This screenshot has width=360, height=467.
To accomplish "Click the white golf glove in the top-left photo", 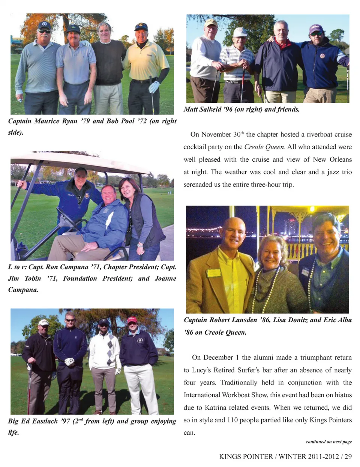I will tap(154, 87).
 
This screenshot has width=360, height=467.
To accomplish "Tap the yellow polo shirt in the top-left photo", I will tap(147, 60).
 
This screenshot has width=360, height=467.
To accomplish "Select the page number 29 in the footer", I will tap(348, 456).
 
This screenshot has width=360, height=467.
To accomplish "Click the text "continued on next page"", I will tap(328, 442).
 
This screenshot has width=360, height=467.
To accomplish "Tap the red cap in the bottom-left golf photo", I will tap(132, 320).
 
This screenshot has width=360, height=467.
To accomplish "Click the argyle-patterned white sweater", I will tap(105, 351).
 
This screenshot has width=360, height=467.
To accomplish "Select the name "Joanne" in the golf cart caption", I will tap(165, 278).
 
